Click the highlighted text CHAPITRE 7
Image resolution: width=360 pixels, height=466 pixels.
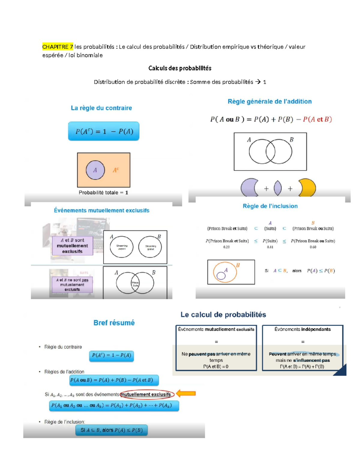pyautogui.click(x=58, y=47)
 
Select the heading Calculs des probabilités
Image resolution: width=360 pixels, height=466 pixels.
pyautogui.click(x=180, y=68)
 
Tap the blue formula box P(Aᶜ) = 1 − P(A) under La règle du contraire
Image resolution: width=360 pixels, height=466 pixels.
pyautogui.click(x=103, y=131)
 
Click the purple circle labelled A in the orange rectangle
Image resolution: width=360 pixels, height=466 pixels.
pyautogui.click(x=95, y=170)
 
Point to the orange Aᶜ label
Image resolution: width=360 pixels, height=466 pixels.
pyautogui.click(x=116, y=170)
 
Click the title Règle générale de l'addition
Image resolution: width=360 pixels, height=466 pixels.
pyautogui.click(x=269, y=101)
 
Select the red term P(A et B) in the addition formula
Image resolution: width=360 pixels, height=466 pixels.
pyautogui.click(x=317, y=119)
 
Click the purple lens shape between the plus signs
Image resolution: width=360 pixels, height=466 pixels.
pyautogui.click(x=278, y=188)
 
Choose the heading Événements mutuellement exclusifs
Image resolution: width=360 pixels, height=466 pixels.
pyautogui.click(x=101, y=210)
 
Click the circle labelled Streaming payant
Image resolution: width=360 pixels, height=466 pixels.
pyautogui.click(x=121, y=247)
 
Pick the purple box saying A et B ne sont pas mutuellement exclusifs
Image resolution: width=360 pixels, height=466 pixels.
pyautogui.click(x=72, y=284)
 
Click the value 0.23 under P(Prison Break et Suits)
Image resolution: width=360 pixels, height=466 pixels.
pyautogui.click(x=226, y=247)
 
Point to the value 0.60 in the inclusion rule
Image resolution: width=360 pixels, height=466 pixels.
pyautogui.click(x=313, y=247)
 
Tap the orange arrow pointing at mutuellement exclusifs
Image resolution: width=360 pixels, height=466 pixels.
pyautogui.click(x=186, y=393)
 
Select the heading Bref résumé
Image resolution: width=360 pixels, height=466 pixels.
pyautogui.click(x=114, y=323)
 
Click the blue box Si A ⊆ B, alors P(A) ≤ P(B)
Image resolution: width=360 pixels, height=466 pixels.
pyautogui.click(x=111, y=430)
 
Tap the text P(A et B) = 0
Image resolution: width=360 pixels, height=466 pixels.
pyautogui.click(x=216, y=366)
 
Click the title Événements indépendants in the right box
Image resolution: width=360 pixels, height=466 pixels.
pyautogui.click(x=302, y=329)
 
